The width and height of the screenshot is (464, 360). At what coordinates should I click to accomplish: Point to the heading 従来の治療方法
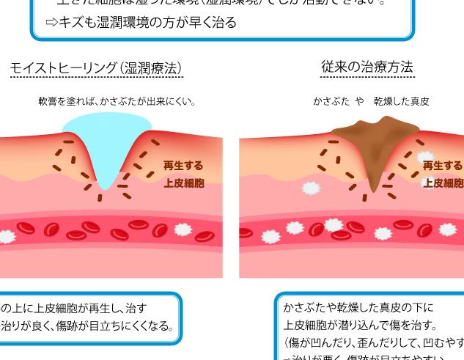coord(367,67)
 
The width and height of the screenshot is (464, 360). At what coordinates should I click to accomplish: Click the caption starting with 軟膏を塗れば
coord(117,101)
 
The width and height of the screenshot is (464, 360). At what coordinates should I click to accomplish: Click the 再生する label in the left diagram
coord(183,166)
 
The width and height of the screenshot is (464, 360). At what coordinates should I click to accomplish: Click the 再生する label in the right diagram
coord(443,166)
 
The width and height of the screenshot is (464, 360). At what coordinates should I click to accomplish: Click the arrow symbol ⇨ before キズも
coord(51,23)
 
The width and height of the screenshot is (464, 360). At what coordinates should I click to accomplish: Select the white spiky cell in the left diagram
coord(6,237)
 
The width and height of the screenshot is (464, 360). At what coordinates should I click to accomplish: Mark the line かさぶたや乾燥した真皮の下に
coord(358,307)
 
